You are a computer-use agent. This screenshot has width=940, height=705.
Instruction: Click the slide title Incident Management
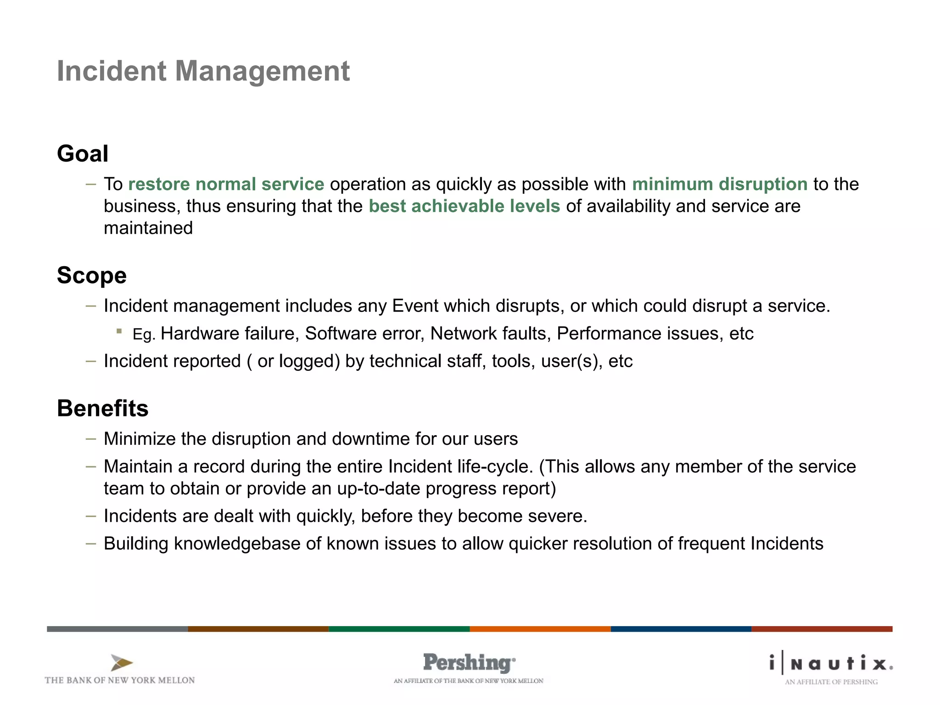coord(203,71)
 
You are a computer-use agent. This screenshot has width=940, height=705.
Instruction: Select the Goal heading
coord(83,153)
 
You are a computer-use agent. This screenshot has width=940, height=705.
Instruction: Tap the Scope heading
coord(91,275)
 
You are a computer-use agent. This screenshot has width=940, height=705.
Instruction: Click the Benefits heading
coord(102,408)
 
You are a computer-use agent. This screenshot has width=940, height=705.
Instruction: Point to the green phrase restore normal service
coord(226,184)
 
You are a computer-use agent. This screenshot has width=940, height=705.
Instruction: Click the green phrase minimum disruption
coord(719,184)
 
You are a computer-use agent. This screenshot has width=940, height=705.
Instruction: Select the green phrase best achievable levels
coord(464,206)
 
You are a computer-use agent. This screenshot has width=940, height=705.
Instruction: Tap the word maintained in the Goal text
coord(148,228)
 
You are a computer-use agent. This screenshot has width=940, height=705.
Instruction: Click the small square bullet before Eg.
coord(119,331)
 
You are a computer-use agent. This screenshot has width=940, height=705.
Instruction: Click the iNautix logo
coord(831,663)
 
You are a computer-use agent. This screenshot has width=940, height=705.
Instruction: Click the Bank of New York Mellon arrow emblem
coord(121,663)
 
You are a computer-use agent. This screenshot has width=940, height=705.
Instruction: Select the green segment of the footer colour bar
coord(399,629)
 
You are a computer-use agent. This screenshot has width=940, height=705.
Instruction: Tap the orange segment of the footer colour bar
coord(540,629)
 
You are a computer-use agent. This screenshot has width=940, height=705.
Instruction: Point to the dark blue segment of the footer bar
coord(681,629)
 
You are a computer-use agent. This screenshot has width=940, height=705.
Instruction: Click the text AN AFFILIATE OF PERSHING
coord(831,682)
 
